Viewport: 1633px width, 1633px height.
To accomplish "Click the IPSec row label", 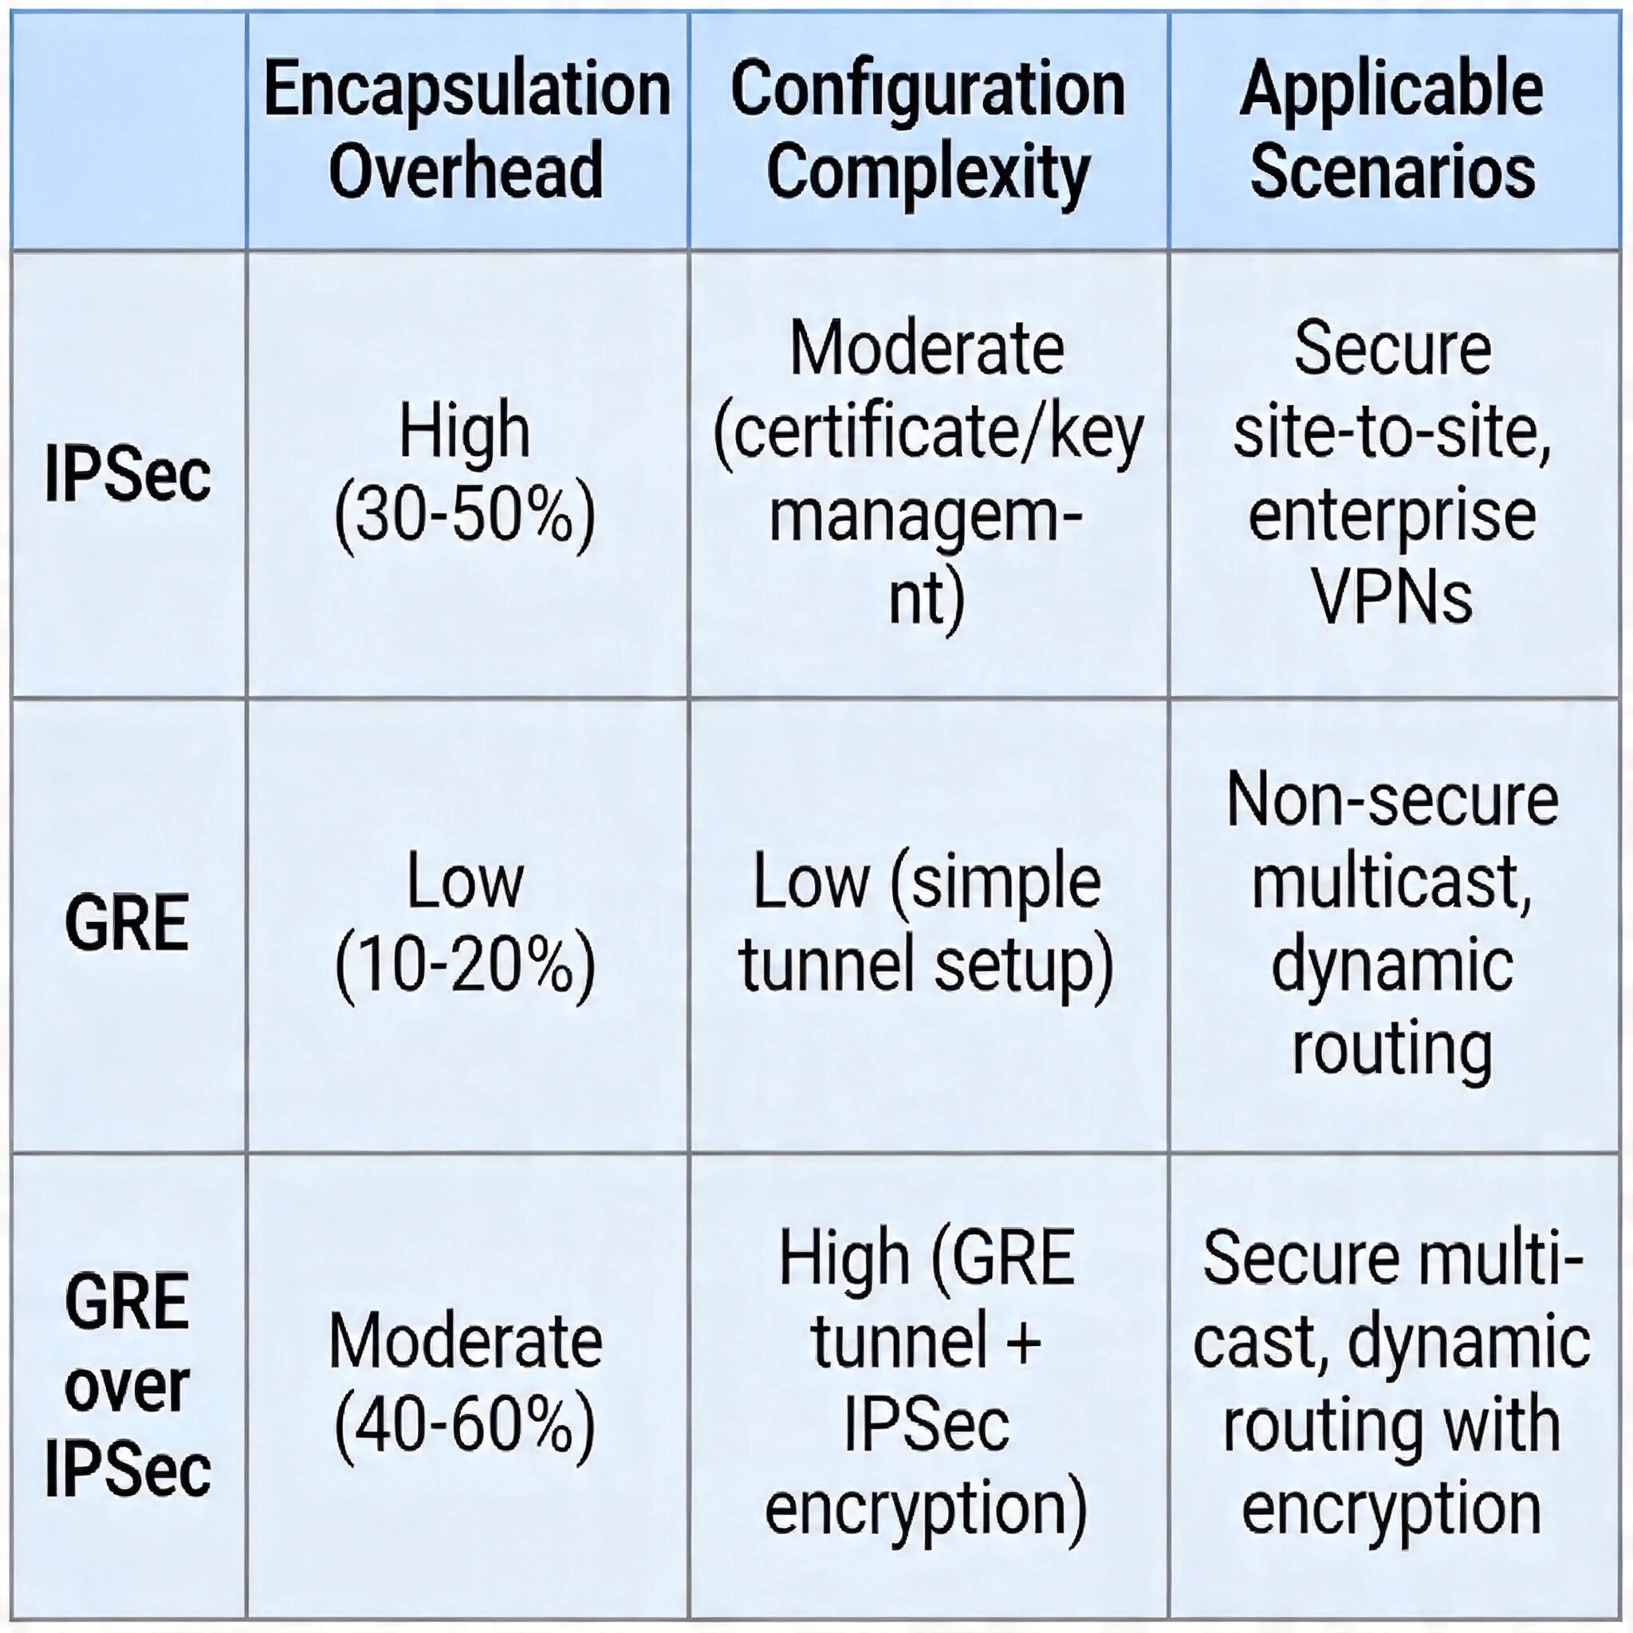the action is point(128,474).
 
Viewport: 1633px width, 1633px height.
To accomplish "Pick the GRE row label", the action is point(128,924).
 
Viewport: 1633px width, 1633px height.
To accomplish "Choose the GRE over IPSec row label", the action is point(128,1386).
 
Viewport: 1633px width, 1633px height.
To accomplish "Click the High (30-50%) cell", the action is point(466,474).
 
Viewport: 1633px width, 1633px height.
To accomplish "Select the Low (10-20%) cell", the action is point(466,924).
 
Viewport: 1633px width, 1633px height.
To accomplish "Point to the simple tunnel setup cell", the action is point(927,924).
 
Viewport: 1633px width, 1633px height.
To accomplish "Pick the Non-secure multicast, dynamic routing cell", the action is point(1392,924).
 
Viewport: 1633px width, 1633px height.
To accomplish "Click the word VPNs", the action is point(1392,596).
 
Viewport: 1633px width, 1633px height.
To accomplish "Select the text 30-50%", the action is point(466,517).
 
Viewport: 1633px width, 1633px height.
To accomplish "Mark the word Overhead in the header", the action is point(466,171).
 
